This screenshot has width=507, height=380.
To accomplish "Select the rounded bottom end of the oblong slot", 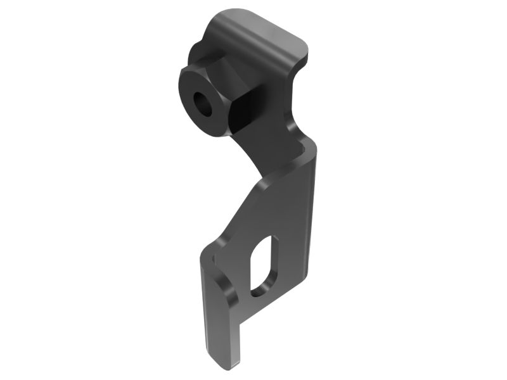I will pos(259,290).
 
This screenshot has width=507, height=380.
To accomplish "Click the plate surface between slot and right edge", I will pos(295,253).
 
